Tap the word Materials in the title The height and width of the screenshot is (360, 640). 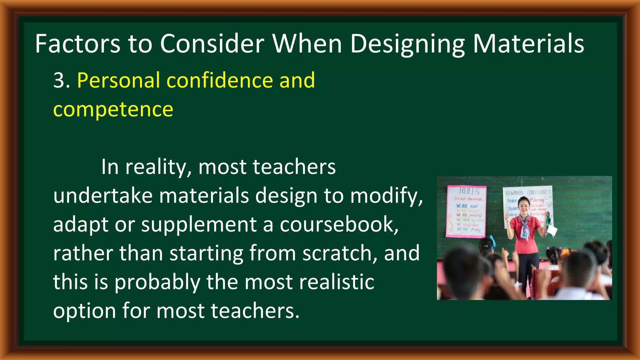[x=528, y=44]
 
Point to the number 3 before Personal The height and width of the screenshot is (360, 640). [x=59, y=80]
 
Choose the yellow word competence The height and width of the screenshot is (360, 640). [x=113, y=109]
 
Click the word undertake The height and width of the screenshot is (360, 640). [x=103, y=196]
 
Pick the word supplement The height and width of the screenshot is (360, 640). [x=199, y=225]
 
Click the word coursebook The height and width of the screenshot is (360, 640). [x=339, y=224]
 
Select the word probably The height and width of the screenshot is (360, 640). [x=157, y=282]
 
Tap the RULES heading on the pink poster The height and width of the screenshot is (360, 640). [x=469, y=191]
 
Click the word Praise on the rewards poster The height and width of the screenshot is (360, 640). [x=512, y=201]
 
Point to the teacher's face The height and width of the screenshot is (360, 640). [x=523, y=206]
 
